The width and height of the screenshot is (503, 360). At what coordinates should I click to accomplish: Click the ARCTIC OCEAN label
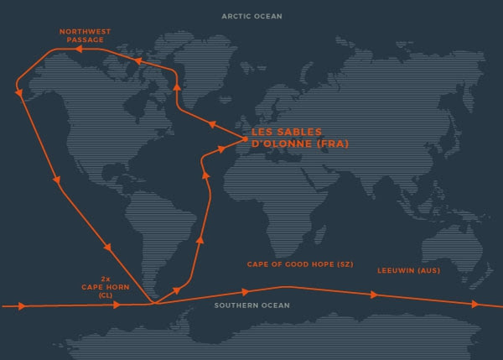click(251, 16)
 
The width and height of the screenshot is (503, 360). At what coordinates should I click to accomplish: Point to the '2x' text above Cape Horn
click(106, 277)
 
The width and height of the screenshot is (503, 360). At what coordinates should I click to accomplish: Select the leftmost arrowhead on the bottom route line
click(21, 306)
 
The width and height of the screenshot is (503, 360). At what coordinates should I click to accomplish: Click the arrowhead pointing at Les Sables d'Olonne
click(222, 147)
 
